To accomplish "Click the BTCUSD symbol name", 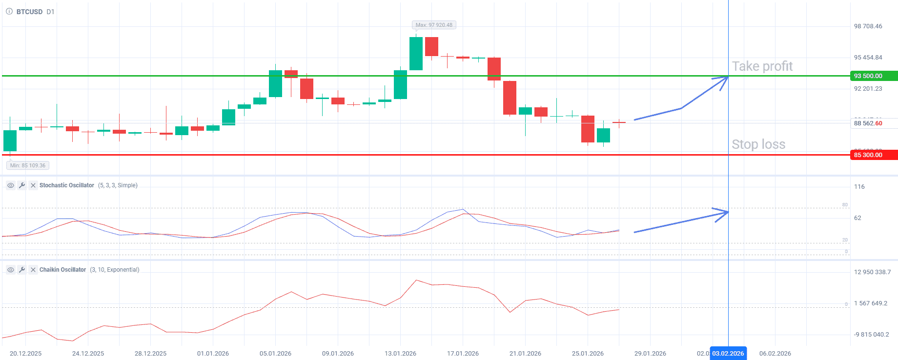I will [29, 12].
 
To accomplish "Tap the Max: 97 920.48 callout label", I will [434, 25].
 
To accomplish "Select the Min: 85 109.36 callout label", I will [28, 165].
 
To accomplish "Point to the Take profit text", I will [762, 66].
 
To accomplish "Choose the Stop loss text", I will [758, 144].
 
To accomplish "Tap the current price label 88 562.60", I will [868, 123].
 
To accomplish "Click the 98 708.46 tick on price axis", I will [868, 26].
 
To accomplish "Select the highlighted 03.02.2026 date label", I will [728, 354].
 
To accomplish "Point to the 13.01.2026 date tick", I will [400, 354].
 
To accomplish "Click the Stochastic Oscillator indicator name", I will [67, 185].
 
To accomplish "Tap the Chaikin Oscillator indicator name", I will [62, 270].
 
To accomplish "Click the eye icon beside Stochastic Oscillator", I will [10, 185].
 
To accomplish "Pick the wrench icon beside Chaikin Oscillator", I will [22, 270].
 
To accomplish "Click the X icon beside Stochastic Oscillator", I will [33, 185].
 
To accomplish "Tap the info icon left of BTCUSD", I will [9, 11].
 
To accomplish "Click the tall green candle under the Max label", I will [416, 54].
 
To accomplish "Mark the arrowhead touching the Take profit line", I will [724, 80].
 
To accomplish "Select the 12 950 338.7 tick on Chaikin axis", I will [872, 272].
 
